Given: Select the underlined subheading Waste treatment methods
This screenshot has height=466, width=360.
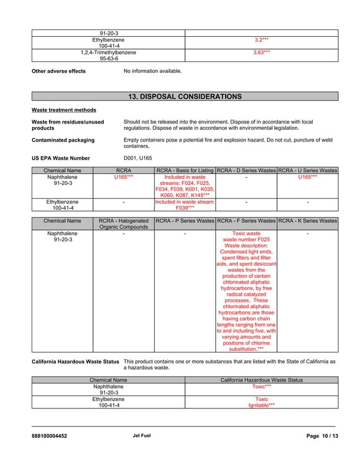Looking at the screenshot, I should [x=64, y=110].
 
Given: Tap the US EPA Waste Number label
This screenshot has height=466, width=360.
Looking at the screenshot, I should [x=60, y=158].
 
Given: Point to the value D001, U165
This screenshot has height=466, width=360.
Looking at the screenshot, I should [x=138, y=158].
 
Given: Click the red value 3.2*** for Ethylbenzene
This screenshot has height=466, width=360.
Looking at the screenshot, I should [x=261, y=40].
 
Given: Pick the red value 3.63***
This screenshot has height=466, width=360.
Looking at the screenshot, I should [x=261, y=52].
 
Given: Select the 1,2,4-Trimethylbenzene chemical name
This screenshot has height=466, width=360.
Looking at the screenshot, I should [x=108, y=52].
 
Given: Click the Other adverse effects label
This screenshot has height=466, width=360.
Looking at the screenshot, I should [x=59, y=71].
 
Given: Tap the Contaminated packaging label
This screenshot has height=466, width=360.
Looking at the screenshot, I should [x=63, y=140].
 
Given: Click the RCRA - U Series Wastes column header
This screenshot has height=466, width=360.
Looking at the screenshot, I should [x=308, y=170].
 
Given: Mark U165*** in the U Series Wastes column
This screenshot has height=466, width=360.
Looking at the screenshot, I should [x=308, y=177].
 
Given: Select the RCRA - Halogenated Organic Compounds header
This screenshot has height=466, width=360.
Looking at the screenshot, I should [x=124, y=223].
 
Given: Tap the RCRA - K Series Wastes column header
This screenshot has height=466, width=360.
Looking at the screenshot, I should [x=308, y=221].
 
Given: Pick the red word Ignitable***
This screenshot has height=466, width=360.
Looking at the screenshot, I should [x=261, y=405].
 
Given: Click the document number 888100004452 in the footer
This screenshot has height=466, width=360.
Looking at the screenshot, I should [x=50, y=436].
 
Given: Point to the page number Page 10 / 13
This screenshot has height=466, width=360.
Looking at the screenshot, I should [x=322, y=436].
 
